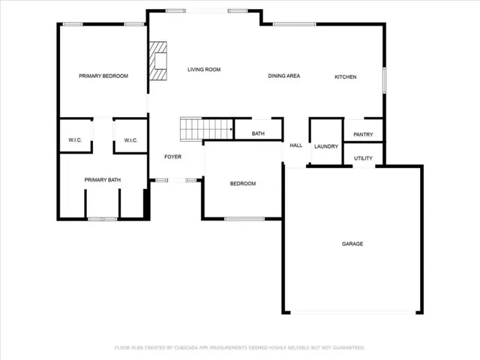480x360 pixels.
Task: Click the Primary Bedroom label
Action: point(103,76)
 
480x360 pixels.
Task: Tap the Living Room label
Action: point(204,70)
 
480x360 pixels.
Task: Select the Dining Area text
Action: point(284,76)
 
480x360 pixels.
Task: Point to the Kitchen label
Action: point(346,76)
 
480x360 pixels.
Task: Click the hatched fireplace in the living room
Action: point(158,61)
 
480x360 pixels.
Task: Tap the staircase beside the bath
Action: point(207,129)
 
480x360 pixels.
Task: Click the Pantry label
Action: point(363,134)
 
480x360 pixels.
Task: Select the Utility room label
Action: point(363,158)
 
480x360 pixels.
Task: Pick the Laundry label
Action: point(326,147)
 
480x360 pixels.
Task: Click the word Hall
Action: point(296,145)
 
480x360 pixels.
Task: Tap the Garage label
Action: point(352,244)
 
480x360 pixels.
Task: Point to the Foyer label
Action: point(173,157)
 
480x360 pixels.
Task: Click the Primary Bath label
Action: point(103,180)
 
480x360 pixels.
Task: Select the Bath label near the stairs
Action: point(258,133)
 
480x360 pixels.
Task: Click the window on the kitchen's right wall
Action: point(384,80)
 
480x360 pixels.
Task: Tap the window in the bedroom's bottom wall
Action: point(244,219)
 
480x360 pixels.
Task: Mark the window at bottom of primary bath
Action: point(102,219)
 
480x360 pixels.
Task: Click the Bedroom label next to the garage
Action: point(243,184)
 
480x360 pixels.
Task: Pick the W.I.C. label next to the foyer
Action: point(130,140)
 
